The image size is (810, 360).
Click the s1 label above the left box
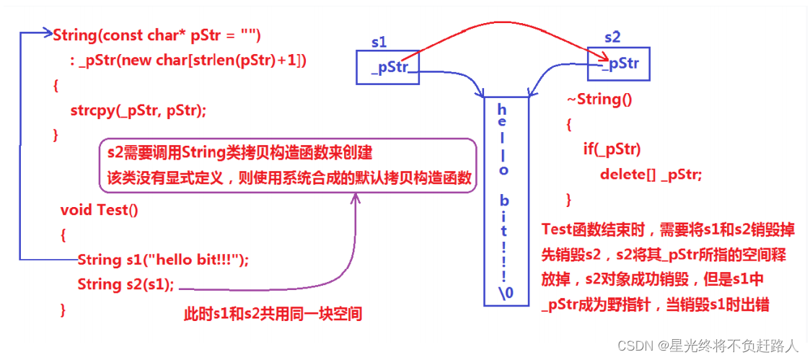379,43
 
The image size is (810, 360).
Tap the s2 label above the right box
612,37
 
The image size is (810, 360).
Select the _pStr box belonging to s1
388,68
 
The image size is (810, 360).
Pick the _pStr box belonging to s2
618,63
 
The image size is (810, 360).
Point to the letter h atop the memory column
503,109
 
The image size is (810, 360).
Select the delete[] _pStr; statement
651,174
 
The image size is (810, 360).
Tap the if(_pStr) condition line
612,149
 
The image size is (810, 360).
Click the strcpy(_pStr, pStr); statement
138,110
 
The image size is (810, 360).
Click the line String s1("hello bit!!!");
162,260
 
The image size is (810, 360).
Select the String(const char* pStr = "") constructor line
157,35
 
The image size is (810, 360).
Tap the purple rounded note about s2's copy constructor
288,165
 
